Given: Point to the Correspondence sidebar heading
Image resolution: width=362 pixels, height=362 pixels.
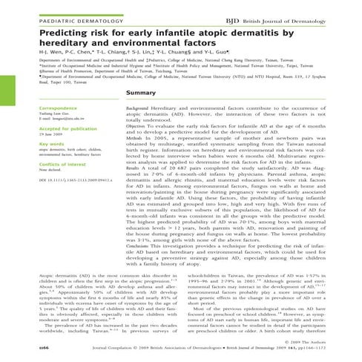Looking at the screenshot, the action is click(36, 108).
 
